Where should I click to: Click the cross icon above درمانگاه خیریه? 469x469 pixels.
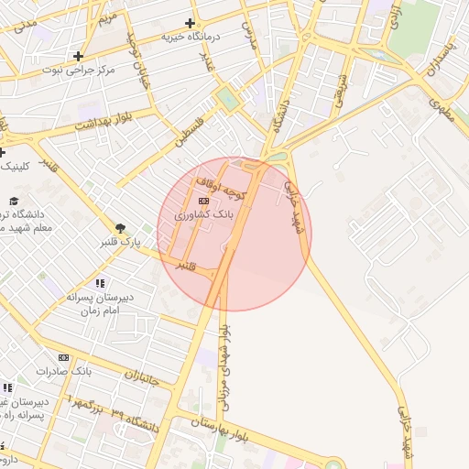point(191,23)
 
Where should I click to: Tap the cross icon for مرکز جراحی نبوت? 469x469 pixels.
point(79,56)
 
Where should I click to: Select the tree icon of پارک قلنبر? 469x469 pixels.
point(120,228)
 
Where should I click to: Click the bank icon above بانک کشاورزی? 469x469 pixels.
point(203,201)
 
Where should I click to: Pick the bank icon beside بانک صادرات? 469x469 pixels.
point(63,357)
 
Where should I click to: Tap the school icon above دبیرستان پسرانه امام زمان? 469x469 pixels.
point(100,284)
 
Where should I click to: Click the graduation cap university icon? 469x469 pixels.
point(13,201)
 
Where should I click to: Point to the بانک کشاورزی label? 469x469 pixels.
point(204,213)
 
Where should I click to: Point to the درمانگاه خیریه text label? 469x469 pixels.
point(192,38)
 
